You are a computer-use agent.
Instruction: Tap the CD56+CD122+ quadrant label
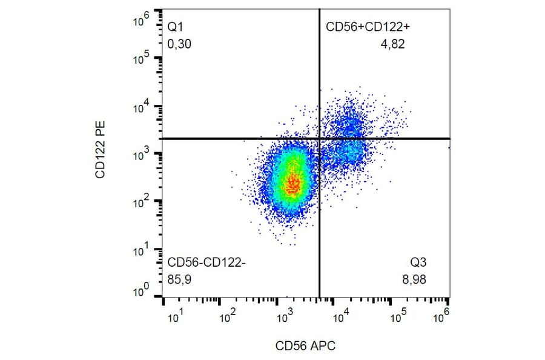[x=369, y=27]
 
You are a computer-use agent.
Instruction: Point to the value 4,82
[x=392, y=44]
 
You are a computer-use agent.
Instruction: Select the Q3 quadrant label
[x=418, y=262]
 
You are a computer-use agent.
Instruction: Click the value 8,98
[x=416, y=280]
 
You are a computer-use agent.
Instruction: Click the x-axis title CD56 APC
[x=305, y=346]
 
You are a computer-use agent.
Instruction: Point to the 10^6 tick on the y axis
[x=140, y=21]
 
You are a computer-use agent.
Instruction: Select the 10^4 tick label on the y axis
[x=140, y=108]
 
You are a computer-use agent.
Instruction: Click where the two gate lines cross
[x=319, y=138]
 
